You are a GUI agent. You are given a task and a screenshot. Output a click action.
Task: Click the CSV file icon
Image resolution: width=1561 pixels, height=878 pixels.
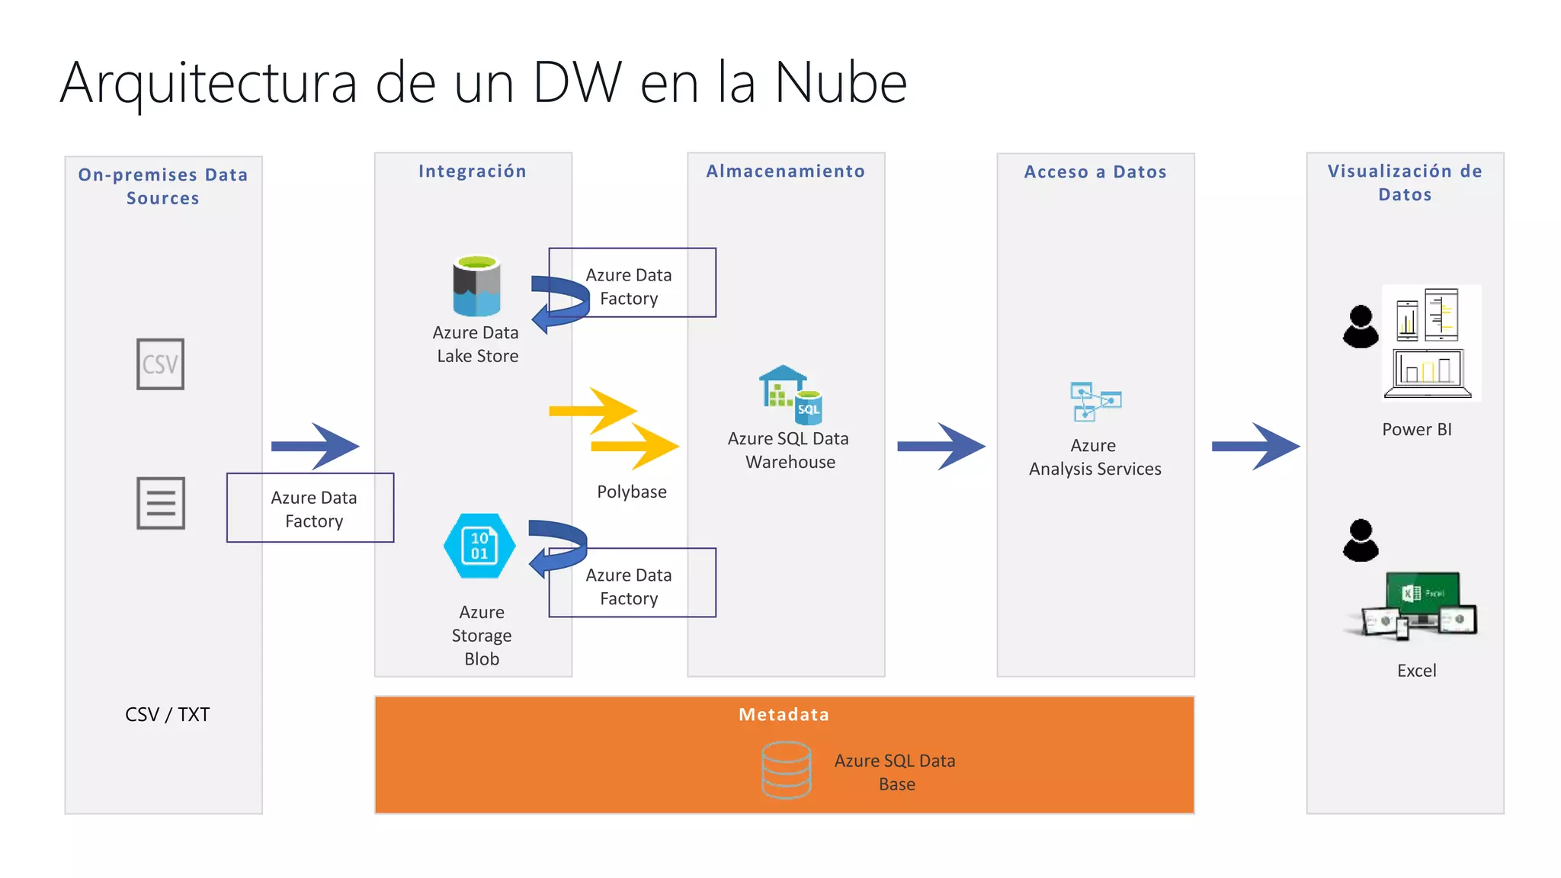(160, 364)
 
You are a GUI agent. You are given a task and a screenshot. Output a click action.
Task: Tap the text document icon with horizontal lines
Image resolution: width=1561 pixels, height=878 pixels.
(161, 503)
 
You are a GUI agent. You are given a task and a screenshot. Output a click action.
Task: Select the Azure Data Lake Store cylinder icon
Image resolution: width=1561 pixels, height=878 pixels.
(476, 286)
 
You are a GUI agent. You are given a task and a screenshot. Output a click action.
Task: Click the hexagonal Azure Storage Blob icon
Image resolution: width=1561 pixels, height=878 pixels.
(479, 546)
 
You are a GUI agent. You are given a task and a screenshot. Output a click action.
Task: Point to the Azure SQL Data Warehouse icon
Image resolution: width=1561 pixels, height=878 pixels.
(790, 395)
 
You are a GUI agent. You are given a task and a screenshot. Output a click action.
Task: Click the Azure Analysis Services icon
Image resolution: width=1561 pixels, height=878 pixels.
(1095, 402)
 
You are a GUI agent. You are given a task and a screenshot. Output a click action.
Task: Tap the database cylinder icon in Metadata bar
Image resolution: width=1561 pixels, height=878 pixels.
(787, 770)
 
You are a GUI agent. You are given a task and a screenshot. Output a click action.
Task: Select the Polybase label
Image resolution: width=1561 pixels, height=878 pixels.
(631, 492)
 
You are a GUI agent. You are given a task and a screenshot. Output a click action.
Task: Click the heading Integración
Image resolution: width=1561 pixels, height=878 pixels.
(473, 171)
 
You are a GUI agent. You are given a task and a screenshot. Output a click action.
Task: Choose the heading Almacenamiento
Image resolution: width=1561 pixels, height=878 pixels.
(786, 171)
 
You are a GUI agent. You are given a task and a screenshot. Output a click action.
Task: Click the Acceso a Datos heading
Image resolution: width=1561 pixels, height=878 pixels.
(1095, 172)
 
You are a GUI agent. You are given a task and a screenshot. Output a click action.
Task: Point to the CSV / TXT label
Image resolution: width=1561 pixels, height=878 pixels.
(167, 714)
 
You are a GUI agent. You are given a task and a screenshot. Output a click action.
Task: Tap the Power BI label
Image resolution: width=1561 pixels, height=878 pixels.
(1416, 429)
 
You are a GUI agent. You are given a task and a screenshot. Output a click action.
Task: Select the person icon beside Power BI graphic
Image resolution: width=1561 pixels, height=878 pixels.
(1361, 327)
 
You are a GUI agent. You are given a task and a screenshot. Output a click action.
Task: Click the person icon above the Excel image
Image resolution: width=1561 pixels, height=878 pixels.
(1361, 540)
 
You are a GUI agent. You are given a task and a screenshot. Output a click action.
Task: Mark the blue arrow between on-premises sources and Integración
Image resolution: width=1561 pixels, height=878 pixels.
(315, 446)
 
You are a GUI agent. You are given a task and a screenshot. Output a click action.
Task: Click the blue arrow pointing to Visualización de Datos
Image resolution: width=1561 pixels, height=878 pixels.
(1255, 446)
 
